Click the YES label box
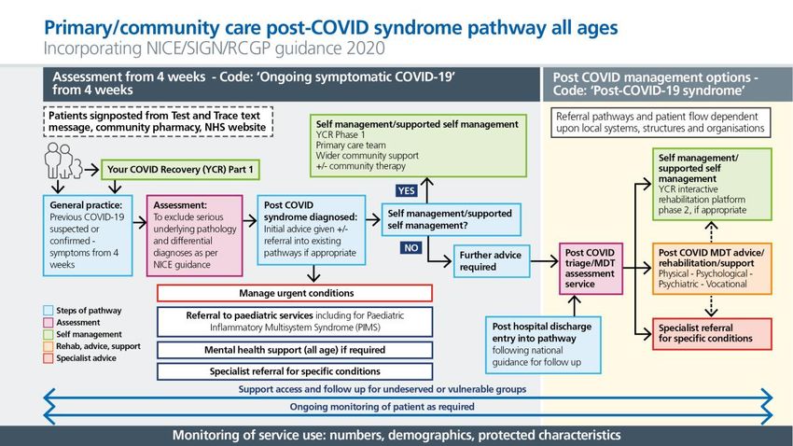(407, 190)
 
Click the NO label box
(411, 248)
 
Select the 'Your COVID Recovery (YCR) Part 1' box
(181, 170)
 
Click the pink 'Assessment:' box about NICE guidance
(195, 235)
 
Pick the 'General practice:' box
(88, 235)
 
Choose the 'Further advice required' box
(492, 261)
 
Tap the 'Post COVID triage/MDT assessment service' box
(591, 268)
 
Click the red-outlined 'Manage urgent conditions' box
(295, 293)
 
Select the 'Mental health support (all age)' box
(295, 350)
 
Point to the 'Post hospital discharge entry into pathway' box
(543, 345)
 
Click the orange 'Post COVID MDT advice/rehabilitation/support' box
(712, 268)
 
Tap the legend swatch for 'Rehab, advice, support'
(49, 346)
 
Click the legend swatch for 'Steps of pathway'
(49, 311)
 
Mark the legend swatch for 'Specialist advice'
(49, 358)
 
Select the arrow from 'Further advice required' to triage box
(545, 261)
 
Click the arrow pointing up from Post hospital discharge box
(575, 305)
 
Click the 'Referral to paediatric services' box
(295, 322)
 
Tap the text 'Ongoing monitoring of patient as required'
(382, 407)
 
